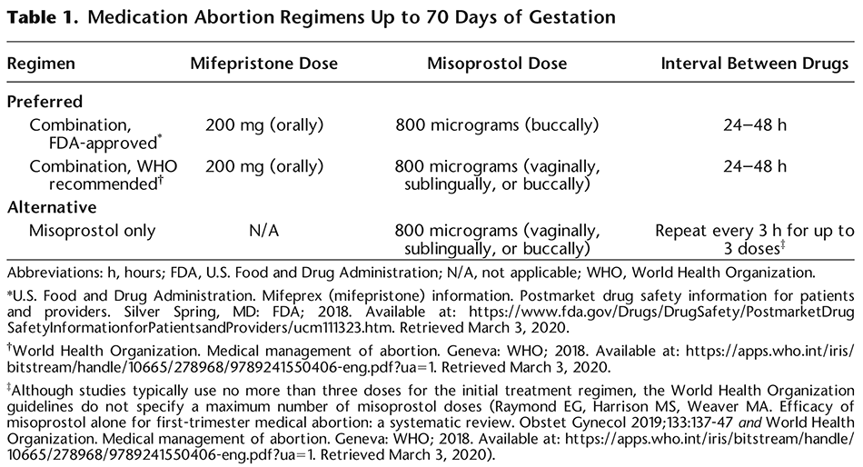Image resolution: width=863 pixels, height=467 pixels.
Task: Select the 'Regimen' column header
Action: pyautogui.click(x=40, y=65)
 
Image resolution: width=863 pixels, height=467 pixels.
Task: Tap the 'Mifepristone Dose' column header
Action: pyautogui.click(x=263, y=65)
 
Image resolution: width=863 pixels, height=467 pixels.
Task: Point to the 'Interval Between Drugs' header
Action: pyautogui.click(x=755, y=65)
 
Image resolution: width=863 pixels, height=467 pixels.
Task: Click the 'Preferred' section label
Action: pyautogui.click(x=45, y=102)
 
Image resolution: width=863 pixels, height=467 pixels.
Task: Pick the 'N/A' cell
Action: pyautogui.click(x=263, y=230)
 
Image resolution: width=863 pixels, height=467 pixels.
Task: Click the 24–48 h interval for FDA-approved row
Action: pyautogui.click(x=756, y=125)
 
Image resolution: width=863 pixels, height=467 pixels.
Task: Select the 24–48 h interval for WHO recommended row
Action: pyautogui.click(x=756, y=167)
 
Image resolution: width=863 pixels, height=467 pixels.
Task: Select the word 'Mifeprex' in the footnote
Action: pyautogui.click(x=256, y=296)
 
